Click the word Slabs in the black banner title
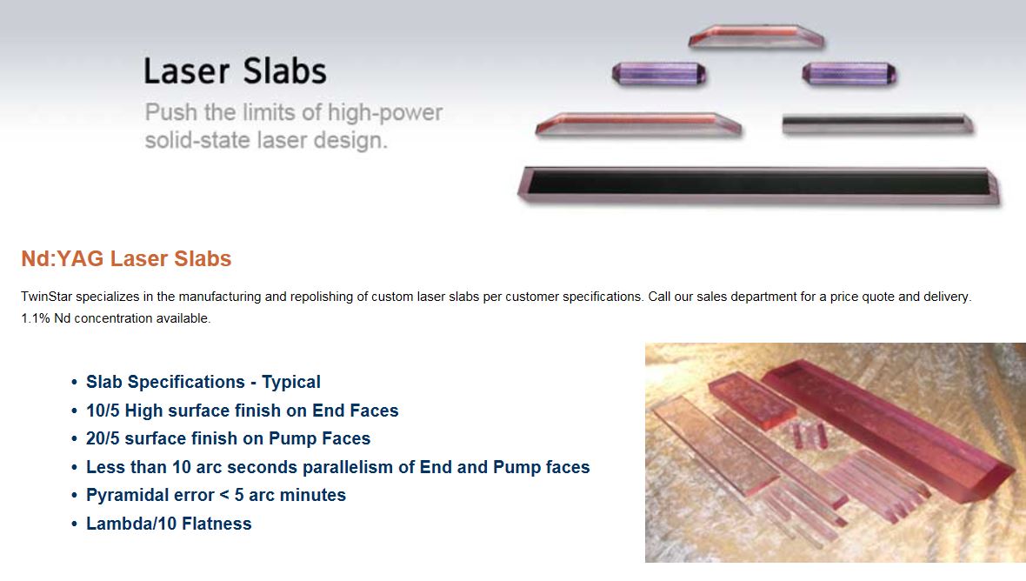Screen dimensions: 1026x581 click(284, 70)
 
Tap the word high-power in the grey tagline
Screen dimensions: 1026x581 click(384, 112)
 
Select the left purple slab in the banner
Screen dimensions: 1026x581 click(659, 74)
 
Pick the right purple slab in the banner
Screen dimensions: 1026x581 click(849, 74)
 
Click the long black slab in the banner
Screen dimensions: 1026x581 click(759, 186)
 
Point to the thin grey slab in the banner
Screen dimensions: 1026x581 click(877, 124)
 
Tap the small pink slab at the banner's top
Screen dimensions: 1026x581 click(756, 36)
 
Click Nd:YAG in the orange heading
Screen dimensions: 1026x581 click(62, 258)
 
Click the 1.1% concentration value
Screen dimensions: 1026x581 click(36, 318)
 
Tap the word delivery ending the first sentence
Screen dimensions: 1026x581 click(947, 297)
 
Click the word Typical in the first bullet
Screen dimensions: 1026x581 click(291, 382)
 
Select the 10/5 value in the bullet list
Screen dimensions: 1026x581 click(103, 411)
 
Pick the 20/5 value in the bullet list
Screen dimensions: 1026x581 click(103, 439)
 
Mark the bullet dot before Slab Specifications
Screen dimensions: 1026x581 click(74, 383)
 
